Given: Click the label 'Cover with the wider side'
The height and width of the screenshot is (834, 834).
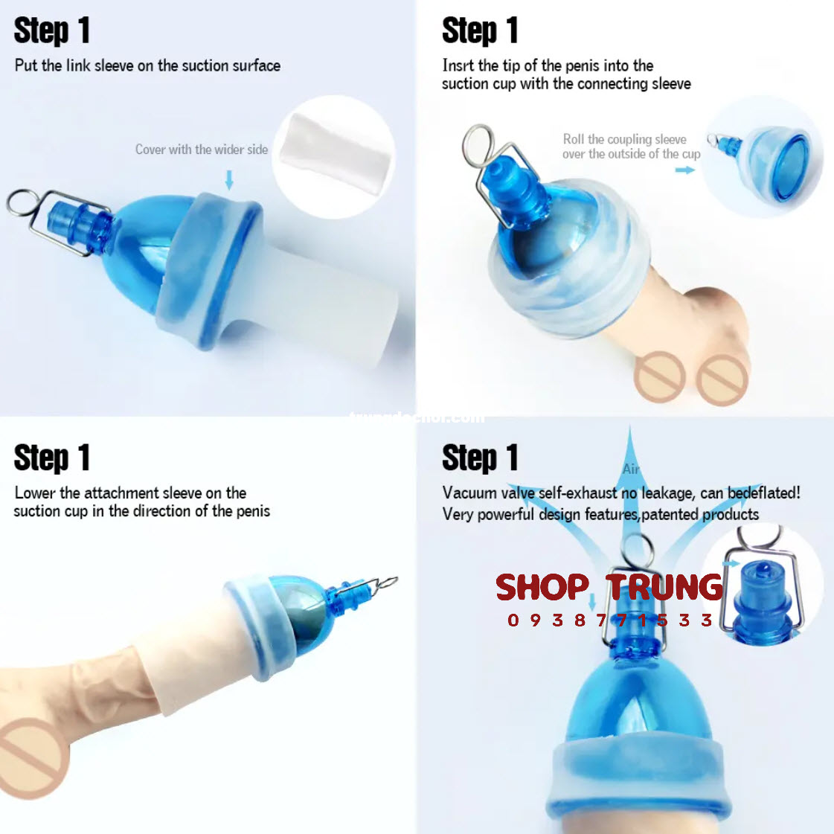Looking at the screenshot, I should [201, 150].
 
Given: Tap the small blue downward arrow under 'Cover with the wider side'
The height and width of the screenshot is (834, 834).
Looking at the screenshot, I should [229, 179].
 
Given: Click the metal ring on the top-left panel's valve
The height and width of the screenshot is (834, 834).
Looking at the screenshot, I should [22, 203].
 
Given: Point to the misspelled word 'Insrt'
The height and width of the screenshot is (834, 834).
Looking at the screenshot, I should [458, 65].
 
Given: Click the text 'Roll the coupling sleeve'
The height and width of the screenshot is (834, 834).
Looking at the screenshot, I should [624, 139].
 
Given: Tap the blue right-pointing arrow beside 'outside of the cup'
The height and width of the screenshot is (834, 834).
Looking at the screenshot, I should [684, 170].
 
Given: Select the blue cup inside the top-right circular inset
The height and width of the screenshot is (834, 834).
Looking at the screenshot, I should [781, 167].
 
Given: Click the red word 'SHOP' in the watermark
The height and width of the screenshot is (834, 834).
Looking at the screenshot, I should [542, 588].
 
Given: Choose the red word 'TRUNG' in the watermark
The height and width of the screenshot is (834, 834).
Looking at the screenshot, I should [664, 588].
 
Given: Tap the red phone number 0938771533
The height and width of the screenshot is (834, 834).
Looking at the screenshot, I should [610, 620].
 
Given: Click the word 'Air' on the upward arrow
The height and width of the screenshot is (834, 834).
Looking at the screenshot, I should [631, 469].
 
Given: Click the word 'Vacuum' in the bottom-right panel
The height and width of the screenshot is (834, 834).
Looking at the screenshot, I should [469, 493].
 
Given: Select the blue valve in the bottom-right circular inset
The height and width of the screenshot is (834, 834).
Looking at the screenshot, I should [763, 595].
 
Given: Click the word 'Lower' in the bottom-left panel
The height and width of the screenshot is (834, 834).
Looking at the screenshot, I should [34, 493].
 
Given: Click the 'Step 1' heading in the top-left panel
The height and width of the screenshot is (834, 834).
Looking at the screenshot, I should [52, 31].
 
